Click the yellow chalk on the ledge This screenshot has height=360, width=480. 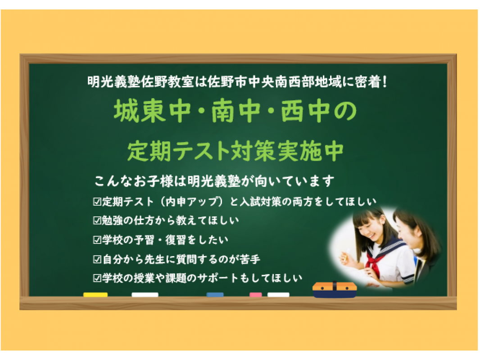(95, 295)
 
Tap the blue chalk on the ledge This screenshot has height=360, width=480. (215, 295)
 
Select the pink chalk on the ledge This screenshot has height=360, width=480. (256, 295)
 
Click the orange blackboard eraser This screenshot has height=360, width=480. (334, 290)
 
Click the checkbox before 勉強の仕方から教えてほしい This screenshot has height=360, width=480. (97, 220)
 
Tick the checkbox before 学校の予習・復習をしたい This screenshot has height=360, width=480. (97, 240)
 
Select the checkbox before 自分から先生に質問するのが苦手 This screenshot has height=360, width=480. (97, 259)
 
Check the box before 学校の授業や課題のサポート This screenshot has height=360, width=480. (97, 279)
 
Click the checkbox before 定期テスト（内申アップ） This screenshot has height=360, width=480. (97, 202)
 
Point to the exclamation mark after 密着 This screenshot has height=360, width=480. (385, 81)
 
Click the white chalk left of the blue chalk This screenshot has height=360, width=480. (145, 295)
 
